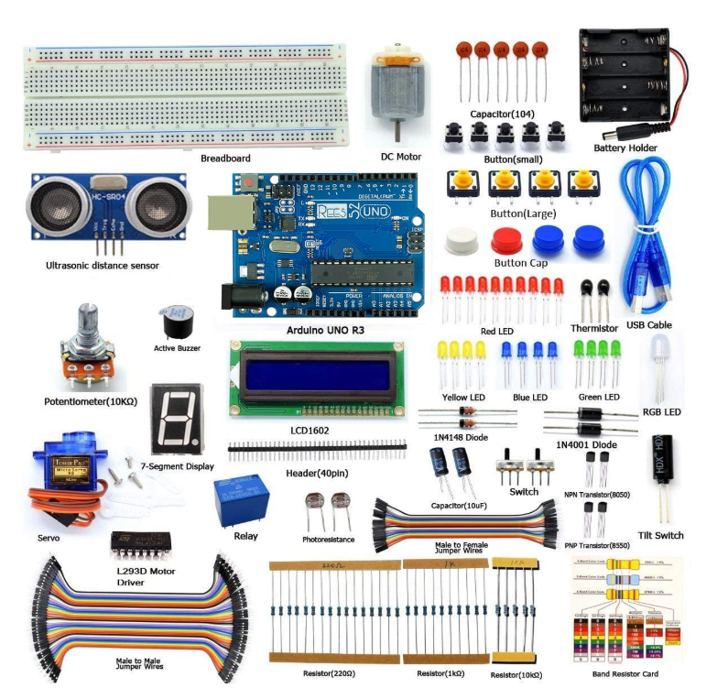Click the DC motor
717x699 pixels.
[x=395, y=92]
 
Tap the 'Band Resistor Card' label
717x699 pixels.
[x=625, y=674]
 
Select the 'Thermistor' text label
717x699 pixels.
[x=593, y=327]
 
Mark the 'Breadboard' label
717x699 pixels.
[x=225, y=158]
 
